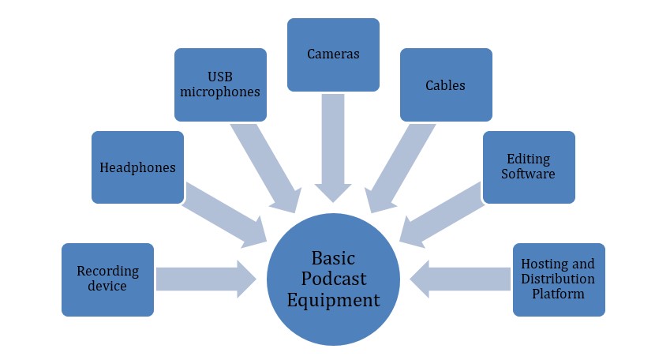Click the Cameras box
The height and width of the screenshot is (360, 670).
pos(333,54)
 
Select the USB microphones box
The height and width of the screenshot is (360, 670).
pos(220,84)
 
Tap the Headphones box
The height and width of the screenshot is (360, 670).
pos(137,167)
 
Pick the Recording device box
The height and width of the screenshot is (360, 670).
pos(107,279)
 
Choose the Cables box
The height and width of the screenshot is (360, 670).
pos(446,84)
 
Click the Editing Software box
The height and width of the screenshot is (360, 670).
pos(528,167)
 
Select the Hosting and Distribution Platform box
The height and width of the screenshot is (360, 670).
pos(559,279)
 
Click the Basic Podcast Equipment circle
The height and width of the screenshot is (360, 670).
pos(334,279)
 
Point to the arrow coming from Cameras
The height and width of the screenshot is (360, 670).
pos(334,146)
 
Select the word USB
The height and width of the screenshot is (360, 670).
pos(220,77)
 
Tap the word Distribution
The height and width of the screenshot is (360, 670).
pos(559,279)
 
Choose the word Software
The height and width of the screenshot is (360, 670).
pos(528,174)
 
